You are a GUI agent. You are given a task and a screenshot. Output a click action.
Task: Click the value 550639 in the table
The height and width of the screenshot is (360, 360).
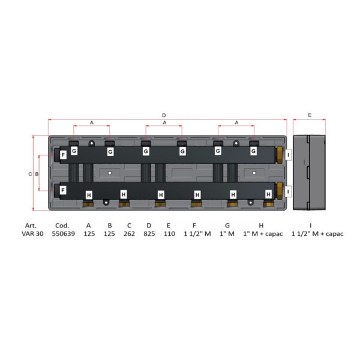tap(64, 234)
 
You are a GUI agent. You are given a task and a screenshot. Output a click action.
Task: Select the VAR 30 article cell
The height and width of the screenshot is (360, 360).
tap(32, 234)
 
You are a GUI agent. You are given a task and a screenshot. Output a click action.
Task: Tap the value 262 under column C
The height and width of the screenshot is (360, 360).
tap(129, 234)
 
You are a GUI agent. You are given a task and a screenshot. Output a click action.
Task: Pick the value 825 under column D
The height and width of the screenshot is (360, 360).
tap(149, 234)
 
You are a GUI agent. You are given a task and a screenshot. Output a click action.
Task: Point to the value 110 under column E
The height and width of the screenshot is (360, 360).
tap(169, 234)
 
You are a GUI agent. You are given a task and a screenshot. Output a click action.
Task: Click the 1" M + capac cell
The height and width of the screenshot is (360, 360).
tap(263, 234)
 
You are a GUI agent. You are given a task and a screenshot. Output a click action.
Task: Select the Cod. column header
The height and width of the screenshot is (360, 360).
tap(62, 226)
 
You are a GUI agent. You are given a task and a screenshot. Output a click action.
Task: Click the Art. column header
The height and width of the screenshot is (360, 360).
tap(31, 226)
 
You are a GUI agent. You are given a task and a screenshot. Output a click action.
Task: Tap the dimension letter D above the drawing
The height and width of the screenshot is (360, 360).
tap(164, 115)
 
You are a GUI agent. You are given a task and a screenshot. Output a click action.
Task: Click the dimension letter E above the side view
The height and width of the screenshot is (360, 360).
tap(310, 115)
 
